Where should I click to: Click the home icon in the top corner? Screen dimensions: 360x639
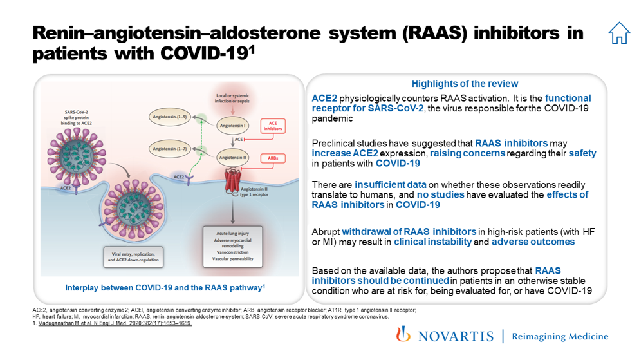618,33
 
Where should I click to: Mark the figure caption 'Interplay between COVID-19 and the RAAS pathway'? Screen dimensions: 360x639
165,287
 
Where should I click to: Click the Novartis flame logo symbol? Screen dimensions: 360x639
403,335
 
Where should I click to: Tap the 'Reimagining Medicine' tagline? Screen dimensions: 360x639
559,336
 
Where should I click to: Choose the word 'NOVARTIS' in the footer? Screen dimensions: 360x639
455,336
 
